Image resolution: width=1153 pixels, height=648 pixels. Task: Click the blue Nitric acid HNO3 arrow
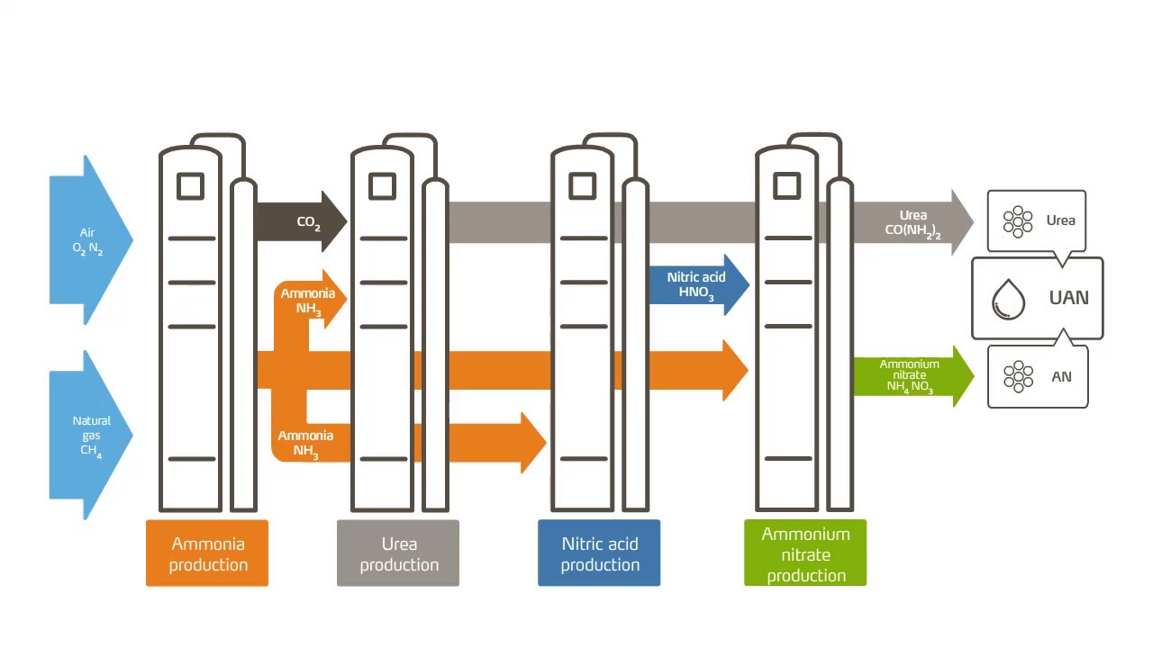[x=698, y=284]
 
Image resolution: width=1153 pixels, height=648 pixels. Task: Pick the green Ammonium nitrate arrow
[x=913, y=376]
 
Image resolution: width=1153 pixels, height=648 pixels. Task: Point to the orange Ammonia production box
[x=207, y=553]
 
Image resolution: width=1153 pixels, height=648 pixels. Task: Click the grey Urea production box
[x=398, y=553]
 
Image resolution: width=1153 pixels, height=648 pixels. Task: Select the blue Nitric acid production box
[x=599, y=553]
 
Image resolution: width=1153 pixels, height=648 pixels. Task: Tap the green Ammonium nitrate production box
[x=805, y=553]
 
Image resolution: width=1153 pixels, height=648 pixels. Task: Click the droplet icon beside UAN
[x=1008, y=300]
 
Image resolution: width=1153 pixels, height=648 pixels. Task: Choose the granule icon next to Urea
[x=1018, y=221]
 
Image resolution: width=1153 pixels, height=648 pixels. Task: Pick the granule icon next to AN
[x=1018, y=376]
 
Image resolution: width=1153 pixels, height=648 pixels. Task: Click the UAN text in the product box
[x=1069, y=298]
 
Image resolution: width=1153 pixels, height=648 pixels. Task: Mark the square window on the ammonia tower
[x=190, y=185]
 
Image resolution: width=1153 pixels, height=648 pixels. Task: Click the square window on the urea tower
[x=383, y=185]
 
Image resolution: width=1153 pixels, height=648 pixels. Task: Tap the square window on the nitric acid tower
[x=583, y=185]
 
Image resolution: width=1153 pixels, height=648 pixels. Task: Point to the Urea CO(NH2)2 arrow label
[x=913, y=224]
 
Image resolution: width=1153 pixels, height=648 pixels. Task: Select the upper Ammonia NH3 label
[x=308, y=301]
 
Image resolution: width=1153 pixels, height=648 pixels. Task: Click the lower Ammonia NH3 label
[x=305, y=444]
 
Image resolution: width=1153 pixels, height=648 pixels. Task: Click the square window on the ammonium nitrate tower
[x=787, y=185]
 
